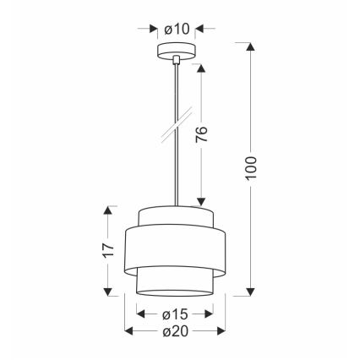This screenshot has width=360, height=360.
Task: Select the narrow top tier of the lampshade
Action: (x=175, y=215)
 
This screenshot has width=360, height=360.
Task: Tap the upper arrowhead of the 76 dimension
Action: (x=201, y=67)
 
